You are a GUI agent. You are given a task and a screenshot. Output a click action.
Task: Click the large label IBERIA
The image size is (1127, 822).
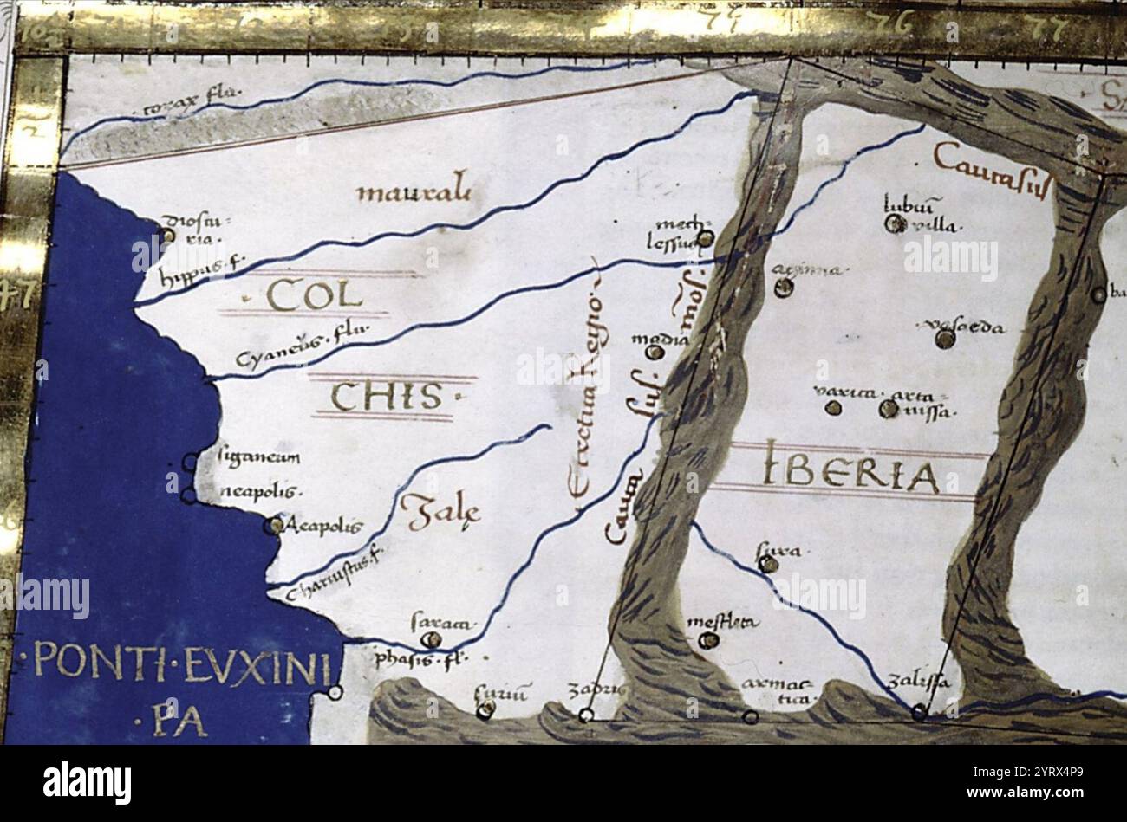[x=851, y=474]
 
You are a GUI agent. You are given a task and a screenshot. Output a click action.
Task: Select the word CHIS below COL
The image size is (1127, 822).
[x=386, y=398]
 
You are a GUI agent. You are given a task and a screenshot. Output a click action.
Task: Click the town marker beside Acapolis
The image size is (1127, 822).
[x=275, y=525]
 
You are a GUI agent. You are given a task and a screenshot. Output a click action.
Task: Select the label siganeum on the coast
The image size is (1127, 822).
[x=259, y=457]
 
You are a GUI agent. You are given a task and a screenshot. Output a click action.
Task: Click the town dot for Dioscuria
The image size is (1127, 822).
[x=168, y=234]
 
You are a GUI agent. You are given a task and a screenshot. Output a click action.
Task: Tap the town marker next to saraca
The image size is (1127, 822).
[x=430, y=640]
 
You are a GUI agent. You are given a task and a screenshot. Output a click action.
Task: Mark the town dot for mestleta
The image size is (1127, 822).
[x=708, y=641]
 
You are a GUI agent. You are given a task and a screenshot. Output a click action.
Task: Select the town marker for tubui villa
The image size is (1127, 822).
[x=895, y=224]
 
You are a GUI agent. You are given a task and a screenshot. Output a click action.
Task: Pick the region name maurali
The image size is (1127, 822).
[x=414, y=189]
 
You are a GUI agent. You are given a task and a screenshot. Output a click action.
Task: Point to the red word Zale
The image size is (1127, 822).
[x=441, y=511]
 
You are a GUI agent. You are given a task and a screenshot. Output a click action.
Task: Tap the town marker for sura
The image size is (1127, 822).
[x=768, y=565]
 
